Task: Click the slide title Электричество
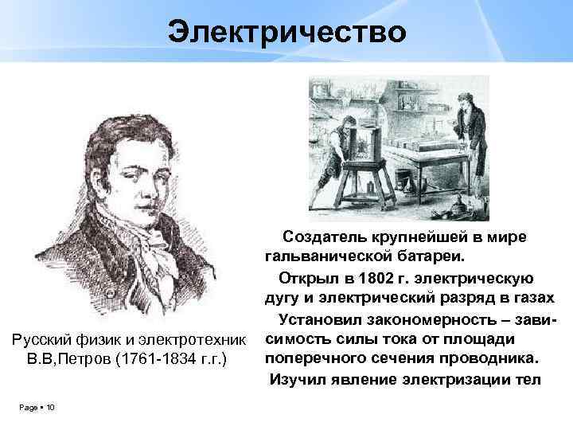coord(286,32)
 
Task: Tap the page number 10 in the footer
coord(49,408)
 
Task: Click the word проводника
coord(493,355)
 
